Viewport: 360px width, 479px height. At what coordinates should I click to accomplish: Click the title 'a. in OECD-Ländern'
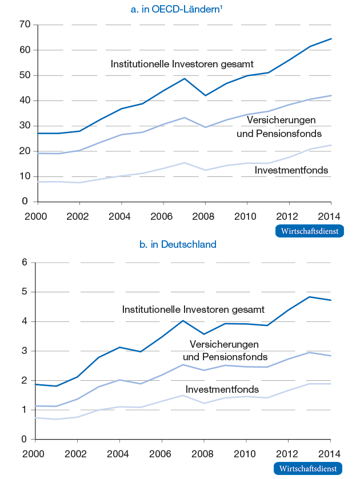pos(177,9)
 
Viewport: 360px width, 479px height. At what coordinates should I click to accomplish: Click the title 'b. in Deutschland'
pos(178,244)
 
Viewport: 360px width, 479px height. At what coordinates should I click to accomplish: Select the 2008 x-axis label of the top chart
pos(205,217)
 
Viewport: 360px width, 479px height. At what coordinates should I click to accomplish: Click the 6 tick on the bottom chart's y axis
pos(25,263)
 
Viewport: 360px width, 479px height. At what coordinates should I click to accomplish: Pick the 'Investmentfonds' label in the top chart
pos(291,170)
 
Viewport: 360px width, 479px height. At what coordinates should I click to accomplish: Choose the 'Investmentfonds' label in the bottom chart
pos(222,389)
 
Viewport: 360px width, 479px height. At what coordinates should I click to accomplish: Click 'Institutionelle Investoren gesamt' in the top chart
pos(182,64)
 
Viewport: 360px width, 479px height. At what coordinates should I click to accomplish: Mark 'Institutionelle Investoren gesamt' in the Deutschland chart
pos(193,309)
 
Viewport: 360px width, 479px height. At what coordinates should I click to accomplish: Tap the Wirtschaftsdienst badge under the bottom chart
pos(309,469)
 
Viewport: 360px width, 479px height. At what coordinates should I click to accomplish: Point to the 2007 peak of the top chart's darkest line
pos(184,79)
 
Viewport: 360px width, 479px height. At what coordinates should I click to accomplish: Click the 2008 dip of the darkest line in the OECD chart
pos(205,95)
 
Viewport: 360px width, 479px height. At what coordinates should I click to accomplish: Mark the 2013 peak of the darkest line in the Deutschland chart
pos(310,297)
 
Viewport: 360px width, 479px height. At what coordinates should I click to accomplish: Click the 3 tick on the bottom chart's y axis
pos(25,351)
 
